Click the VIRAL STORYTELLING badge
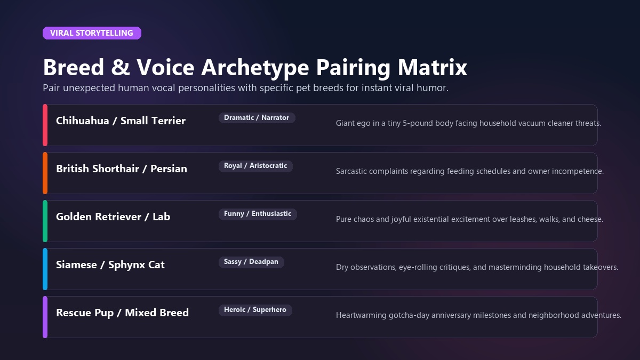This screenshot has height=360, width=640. [x=92, y=33]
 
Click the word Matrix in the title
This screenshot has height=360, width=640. [x=433, y=67]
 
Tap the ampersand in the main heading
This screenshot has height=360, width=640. [x=121, y=67]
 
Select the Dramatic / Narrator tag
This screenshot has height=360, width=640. [x=257, y=118]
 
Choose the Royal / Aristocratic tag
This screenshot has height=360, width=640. [x=255, y=166]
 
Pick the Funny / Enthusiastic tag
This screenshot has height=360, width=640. [x=258, y=214]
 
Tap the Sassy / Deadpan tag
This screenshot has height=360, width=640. [x=251, y=262]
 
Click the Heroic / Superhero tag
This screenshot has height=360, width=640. [x=255, y=310]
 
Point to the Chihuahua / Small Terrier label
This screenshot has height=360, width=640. [x=121, y=121]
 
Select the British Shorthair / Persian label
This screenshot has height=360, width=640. [x=122, y=169]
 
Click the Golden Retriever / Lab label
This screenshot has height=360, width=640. [x=113, y=217]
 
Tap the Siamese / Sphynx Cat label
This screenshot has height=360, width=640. [x=110, y=265]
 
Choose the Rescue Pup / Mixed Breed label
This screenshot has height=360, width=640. [x=122, y=313]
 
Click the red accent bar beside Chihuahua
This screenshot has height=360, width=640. [x=45, y=125]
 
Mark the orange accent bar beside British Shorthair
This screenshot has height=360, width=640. [x=45, y=173]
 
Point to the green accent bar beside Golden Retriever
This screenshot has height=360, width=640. [x=45, y=221]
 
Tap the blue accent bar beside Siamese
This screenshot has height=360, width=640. [x=45, y=269]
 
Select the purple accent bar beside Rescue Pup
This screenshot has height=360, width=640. [x=45, y=317]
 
